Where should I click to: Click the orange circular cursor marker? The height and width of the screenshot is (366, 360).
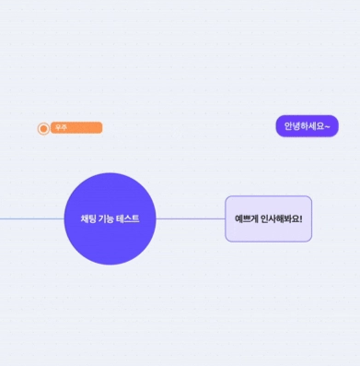coord(43,129)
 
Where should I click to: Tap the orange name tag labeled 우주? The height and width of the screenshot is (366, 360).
coord(76,127)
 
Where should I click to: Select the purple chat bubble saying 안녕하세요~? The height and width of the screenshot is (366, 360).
coord(307,126)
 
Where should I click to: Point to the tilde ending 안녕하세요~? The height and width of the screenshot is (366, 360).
coord(327,126)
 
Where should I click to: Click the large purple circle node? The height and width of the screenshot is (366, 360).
coord(110,218)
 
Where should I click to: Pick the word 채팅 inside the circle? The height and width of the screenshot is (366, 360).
coord(88,218)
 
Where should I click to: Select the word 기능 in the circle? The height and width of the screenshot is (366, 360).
coord(106,218)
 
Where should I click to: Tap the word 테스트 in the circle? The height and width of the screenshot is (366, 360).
coord(128,218)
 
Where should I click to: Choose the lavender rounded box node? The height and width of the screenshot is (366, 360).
coord(269,218)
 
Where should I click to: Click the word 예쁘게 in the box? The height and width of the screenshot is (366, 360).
coord(246,218)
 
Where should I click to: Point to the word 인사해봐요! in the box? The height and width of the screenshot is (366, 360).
coord(282,218)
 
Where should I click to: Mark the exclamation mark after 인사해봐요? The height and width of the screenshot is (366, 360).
coord(301,218)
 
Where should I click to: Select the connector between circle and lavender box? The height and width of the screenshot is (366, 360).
coord(191,218)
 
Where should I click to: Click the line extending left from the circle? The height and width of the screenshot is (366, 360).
coord(32,219)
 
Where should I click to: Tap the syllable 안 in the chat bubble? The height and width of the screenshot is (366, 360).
coord(288,126)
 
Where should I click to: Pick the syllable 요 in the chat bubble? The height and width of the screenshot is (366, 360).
coord(319,126)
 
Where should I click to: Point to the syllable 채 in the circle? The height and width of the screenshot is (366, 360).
coord(85,218)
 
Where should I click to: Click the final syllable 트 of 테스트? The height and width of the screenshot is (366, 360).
coord(136,218)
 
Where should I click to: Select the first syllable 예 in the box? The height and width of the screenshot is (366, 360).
coord(238,218)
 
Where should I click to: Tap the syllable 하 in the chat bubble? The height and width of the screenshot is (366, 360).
coord(304,126)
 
